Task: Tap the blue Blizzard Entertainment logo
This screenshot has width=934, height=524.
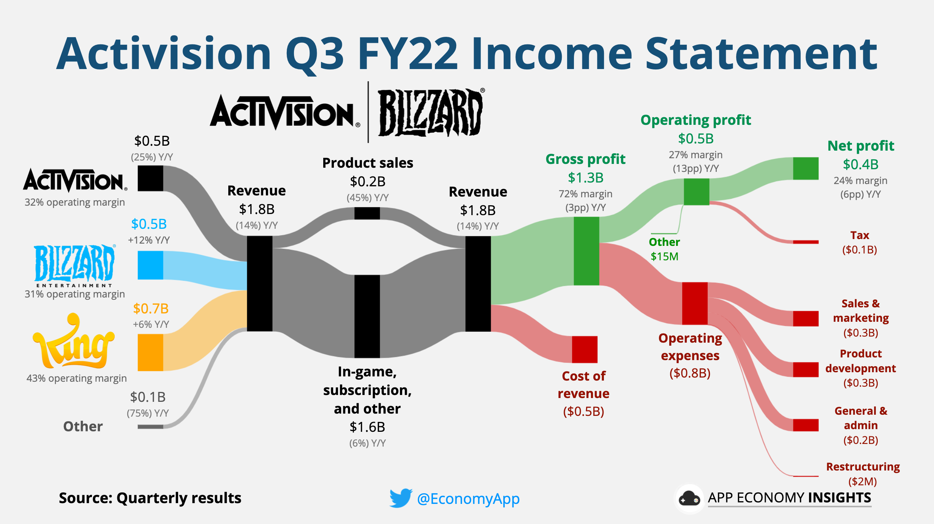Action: coord(74,264)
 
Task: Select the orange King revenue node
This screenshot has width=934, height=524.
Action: coord(150,352)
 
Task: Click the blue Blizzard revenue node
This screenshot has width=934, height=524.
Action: coord(150,265)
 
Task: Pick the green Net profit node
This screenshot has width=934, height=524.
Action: coord(806,168)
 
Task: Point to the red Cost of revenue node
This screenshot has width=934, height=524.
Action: coord(585,349)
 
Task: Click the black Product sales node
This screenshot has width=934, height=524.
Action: coord(367,213)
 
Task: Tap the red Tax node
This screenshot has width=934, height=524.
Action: coord(806,242)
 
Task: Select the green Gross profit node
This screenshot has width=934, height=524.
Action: coord(586,251)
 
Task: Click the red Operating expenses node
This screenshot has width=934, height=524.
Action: coord(695,303)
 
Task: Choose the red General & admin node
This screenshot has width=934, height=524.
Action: coord(806,425)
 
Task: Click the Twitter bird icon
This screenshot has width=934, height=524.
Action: coord(401,498)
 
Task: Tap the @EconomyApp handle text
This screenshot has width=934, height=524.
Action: coord(468,499)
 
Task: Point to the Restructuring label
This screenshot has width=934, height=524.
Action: coord(863,467)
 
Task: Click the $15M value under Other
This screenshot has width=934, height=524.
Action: coord(664,256)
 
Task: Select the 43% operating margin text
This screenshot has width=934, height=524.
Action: coord(76,378)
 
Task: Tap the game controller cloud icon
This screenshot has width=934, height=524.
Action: coord(689,499)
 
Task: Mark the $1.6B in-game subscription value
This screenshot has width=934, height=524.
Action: coord(367,427)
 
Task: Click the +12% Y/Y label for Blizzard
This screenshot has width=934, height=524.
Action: coord(149,240)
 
